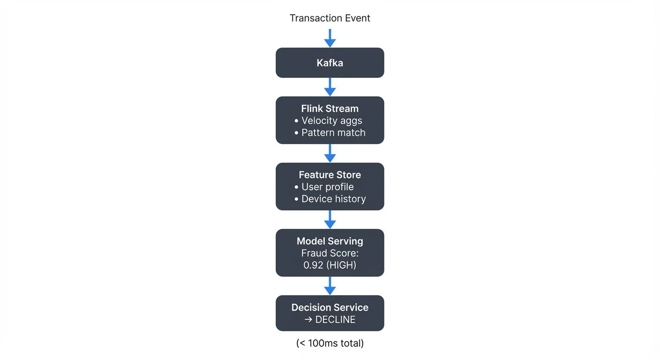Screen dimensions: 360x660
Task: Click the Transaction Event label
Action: pyautogui.click(x=330, y=18)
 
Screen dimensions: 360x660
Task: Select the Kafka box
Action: pyautogui.click(x=330, y=63)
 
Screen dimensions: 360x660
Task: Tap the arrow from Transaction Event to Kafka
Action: pyautogui.click(x=330, y=38)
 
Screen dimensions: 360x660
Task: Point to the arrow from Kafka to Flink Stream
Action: pyautogui.click(x=330, y=87)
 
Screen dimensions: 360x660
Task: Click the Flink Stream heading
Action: pyautogui.click(x=330, y=109)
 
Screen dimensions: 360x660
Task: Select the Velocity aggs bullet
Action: pyautogui.click(x=329, y=121)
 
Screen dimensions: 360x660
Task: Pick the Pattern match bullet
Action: pyautogui.click(x=330, y=133)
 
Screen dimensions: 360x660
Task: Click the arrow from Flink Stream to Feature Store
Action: pyautogui.click(x=330, y=153)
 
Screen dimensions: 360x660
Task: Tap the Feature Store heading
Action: pyautogui.click(x=330, y=175)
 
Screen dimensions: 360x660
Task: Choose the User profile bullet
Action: pyautogui.click(x=324, y=187)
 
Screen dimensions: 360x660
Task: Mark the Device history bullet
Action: pyautogui.click(x=330, y=199)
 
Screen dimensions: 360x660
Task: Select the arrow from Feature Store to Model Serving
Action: pyautogui.click(x=330, y=219)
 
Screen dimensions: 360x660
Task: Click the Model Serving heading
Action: pyautogui.click(x=330, y=241)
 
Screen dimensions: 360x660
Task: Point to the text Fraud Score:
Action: pyautogui.click(x=330, y=253)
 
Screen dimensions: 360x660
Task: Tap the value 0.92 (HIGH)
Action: pyautogui.click(x=330, y=265)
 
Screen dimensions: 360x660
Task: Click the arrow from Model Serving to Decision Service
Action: pyautogui.click(x=330, y=285)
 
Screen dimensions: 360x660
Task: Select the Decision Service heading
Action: pyautogui.click(x=330, y=307)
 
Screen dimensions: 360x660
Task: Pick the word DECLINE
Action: pyautogui.click(x=335, y=320)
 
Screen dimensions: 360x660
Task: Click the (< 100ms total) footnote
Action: pyautogui.click(x=330, y=343)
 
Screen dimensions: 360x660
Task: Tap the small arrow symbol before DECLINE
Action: pyautogui.click(x=308, y=320)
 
